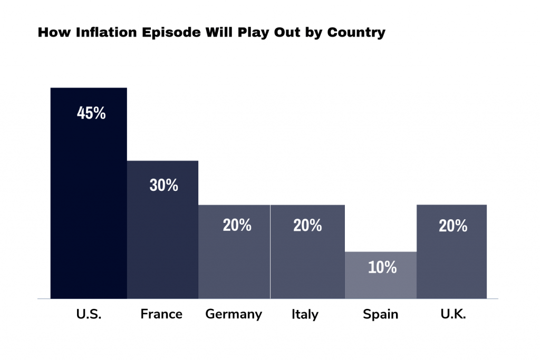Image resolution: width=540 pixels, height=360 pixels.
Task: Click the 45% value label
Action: coord(91,113)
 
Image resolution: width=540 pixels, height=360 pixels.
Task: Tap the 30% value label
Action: coord(163,186)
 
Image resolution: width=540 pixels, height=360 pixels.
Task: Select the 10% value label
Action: coord(382,267)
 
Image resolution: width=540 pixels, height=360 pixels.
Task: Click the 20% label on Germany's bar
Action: coord(237,226)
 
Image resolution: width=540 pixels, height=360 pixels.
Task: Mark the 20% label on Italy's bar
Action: coord(307,226)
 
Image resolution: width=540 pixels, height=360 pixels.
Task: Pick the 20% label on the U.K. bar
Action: coord(453,226)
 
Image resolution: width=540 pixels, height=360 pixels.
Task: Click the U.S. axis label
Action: coord(89,315)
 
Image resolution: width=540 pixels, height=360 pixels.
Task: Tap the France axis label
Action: coord(161,315)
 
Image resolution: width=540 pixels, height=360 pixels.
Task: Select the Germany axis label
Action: coord(234,315)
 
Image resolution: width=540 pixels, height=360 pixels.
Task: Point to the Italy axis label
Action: coord(305,315)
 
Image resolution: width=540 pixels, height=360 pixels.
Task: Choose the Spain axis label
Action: coord(381,315)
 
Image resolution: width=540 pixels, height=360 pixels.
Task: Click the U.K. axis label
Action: coord(452,315)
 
